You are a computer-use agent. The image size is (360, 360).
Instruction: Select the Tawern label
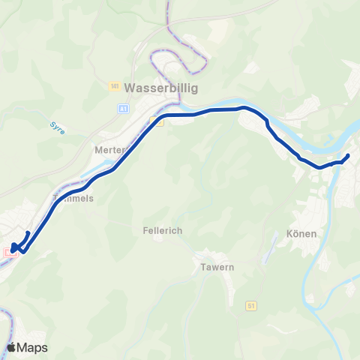pyautogui.click(x=217, y=267)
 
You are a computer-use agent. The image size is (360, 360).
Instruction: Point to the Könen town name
pyautogui.click(x=301, y=233)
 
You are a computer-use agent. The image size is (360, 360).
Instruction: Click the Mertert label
pyautogui.click(x=109, y=149)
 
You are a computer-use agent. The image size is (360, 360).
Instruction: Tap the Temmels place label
pyautogui.click(x=73, y=199)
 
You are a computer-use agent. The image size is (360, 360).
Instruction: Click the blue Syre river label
pyautogui.click(x=58, y=127)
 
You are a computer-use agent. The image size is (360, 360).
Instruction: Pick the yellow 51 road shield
pyautogui.click(x=250, y=304)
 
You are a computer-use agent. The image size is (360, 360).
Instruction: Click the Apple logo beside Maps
pyautogui.click(x=11, y=347)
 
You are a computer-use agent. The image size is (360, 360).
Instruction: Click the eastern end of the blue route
pyautogui.click(x=347, y=156)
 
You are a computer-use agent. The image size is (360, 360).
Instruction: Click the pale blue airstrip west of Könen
pyautogui.click(x=264, y=251)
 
